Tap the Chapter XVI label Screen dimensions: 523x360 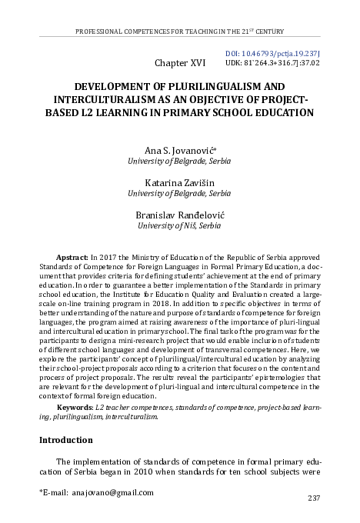coord(180,60)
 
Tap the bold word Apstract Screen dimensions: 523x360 coord(74,255)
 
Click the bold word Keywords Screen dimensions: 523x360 coord(78,405)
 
